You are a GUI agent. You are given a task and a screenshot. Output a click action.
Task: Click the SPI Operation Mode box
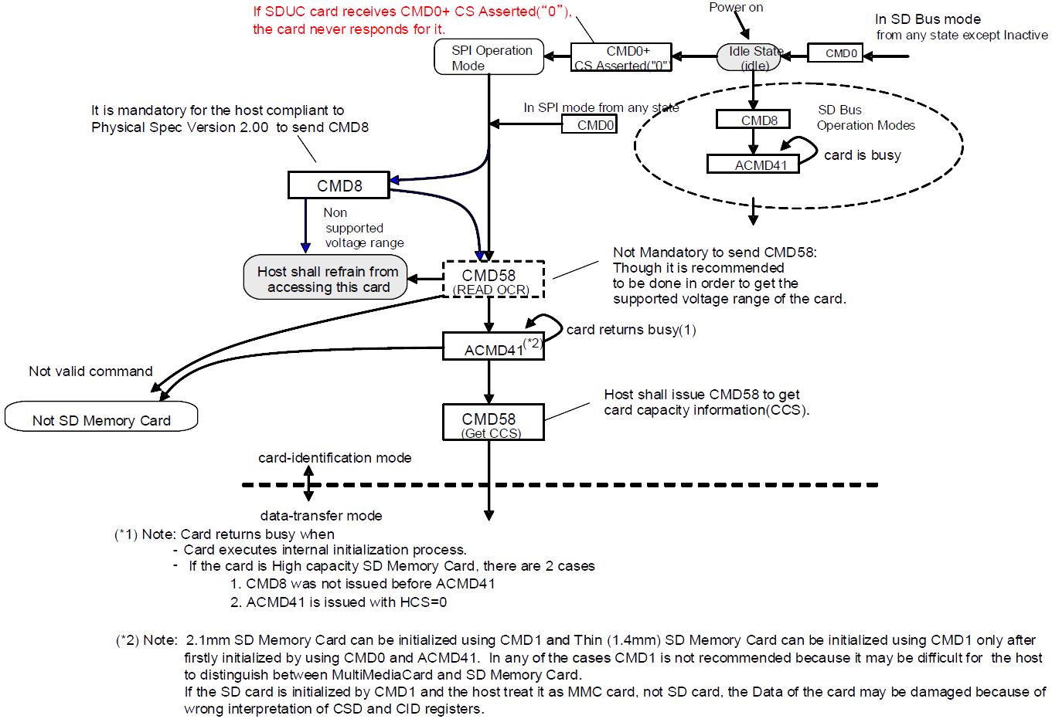[x=490, y=58]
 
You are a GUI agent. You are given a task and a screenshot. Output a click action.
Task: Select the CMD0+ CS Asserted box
[x=621, y=58]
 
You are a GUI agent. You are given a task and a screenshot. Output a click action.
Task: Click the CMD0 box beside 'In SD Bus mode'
[x=840, y=53]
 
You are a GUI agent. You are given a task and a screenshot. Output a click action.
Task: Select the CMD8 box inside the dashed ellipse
[x=753, y=120]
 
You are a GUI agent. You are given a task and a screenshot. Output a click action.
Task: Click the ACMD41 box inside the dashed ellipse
[x=753, y=164]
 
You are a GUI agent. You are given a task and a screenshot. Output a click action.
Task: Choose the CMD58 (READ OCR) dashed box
[x=493, y=280]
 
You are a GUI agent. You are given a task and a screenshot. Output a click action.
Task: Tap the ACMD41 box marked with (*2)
[x=493, y=347]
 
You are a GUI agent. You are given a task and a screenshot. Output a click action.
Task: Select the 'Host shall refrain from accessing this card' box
[x=326, y=279]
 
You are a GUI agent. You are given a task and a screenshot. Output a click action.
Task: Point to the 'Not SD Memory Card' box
[x=101, y=419]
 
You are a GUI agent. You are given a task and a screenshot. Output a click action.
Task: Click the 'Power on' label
[x=736, y=8]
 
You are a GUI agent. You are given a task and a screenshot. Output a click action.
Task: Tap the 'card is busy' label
[x=862, y=155]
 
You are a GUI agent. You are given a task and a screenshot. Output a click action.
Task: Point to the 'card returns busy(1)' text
[x=631, y=330]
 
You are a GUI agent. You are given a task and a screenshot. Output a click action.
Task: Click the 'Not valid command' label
[x=90, y=371]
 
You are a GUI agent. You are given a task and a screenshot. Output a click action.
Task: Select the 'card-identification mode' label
[x=335, y=458]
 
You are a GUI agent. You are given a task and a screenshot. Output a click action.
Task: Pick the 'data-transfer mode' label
[x=321, y=515]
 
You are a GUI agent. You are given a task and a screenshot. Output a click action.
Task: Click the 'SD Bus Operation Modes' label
[x=866, y=117]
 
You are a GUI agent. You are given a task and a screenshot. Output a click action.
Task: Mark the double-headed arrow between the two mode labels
[x=308, y=486]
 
